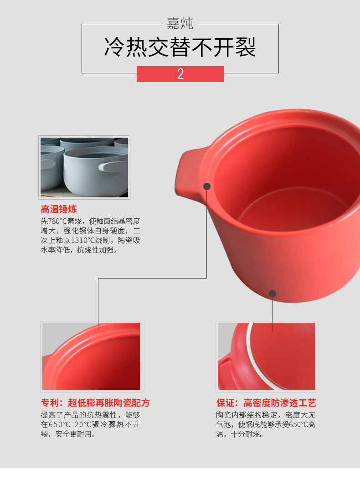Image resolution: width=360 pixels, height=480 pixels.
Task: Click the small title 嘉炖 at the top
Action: coord(180,24)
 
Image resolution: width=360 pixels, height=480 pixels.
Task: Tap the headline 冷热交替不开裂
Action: coord(180,47)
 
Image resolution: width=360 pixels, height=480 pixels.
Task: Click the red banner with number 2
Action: coord(180,74)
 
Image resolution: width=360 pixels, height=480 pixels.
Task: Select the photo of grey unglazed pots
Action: coord(84,167)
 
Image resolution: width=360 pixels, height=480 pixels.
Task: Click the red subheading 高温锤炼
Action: coord(59,209)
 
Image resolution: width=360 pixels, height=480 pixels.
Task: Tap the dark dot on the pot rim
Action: coord(207,186)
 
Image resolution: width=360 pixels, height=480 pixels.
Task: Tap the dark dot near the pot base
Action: coord(273,294)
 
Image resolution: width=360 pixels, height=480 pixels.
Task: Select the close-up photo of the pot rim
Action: coord(91,356)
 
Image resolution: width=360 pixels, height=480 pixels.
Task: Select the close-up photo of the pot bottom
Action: coord(267,356)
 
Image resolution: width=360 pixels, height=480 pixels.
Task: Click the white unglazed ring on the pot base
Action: coord(252,361)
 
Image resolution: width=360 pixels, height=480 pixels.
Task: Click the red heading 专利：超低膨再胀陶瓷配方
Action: coord(95,403)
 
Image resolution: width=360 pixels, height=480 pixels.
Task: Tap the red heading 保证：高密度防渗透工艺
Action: coord(266,403)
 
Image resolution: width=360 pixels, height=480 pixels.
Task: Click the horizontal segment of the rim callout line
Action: coord(153,278)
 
